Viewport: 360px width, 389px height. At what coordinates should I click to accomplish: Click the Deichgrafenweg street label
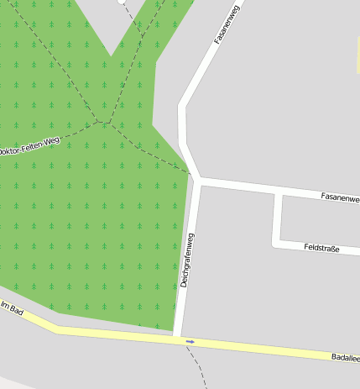(x=187, y=260)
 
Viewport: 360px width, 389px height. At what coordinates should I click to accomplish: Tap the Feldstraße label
(x=321, y=248)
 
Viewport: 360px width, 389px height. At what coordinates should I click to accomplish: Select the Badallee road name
(x=345, y=357)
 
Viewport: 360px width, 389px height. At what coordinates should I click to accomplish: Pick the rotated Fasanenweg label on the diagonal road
(x=227, y=24)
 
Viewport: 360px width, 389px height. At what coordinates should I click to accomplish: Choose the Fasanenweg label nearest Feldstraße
(x=339, y=197)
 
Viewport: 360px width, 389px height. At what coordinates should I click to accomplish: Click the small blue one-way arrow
(x=190, y=341)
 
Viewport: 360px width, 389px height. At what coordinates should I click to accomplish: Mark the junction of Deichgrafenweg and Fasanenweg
(x=198, y=179)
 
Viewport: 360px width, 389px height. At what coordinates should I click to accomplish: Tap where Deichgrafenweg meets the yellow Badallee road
(x=178, y=339)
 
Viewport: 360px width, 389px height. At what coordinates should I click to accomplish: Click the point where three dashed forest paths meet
(x=107, y=123)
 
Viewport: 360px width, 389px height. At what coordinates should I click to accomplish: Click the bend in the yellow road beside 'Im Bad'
(x=58, y=328)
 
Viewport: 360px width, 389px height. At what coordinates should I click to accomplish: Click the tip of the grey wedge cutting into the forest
(x=111, y=56)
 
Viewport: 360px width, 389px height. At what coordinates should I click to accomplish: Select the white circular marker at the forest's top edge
(x=123, y=2)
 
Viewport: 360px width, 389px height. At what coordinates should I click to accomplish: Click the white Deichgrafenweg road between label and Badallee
(x=180, y=311)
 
